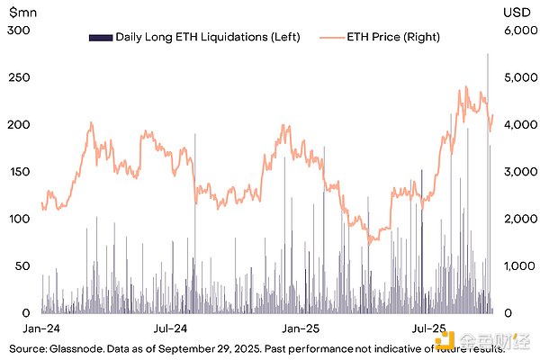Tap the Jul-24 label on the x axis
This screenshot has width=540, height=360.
click(170, 329)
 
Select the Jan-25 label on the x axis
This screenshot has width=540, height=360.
click(296, 329)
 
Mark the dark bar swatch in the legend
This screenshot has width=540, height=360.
click(100, 37)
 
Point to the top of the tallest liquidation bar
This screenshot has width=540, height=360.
click(488, 54)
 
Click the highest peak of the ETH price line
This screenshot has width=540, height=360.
click(466, 87)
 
